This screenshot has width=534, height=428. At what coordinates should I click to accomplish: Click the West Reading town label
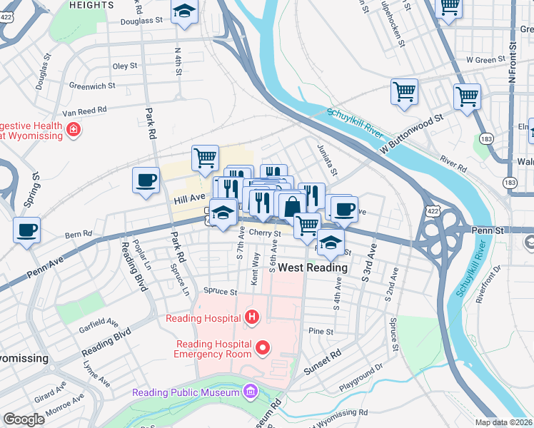pyautogui.click(x=313, y=268)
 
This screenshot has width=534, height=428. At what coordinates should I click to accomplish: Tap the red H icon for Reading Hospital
pyautogui.click(x=251, y=317)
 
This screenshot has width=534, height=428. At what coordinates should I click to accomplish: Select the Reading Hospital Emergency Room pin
pyautogui.click(x=263, y=349)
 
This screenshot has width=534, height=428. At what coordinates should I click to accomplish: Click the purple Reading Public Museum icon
pyautogui.click(x=250, y=392)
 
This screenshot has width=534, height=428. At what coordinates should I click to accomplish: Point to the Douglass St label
pyautogui.click(x=143, y=21)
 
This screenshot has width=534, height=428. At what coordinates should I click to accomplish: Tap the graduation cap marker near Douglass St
pyautogui.click(x=185, y=12)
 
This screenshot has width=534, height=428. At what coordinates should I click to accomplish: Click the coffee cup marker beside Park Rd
pyautogui.click(x=146, y=180)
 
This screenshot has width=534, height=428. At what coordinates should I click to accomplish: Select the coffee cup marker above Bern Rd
pyautogui.click(x=26, y=230)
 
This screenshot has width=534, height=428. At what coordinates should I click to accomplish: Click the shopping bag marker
pyautogui.click(x=292, y=207)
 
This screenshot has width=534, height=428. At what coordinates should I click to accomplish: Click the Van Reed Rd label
pyautogui.click(x=84, y=111)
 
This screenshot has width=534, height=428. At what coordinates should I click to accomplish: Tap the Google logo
pyautogui.click(x=24, y=419)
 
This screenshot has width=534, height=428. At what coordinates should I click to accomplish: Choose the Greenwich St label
pyautogui.click(x=92, y=86)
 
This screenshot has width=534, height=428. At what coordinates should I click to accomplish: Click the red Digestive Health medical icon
pyautogui.click(x=74, y=130)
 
